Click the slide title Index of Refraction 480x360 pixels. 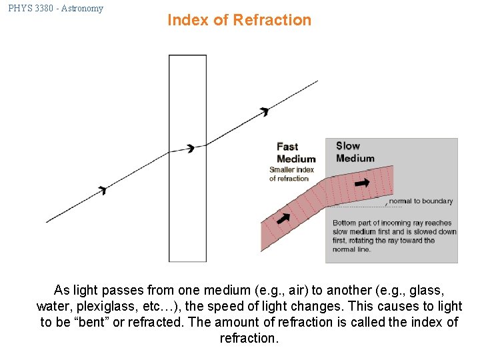pyautogui.click(x=239, y=20)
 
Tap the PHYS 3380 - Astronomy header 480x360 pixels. pyautogui.click(x=56, y=9)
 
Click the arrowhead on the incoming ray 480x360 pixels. pyautogui.click(x=103, y=191)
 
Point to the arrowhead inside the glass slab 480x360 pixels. pyautogui.click(x=191, y=148)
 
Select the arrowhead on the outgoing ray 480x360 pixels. pyautogui.click(x=265, y=111)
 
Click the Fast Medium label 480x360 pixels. pyautogui.click(x=296, y=153)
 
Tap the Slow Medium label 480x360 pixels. pyautogui.click(x=355, y=152)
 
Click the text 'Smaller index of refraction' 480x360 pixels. pyautogui.click(x=291, y=174)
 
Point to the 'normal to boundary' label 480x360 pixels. pyautogui.click(x=420, y=201)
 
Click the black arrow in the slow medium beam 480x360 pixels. pyautogui.click(x=362, y=182)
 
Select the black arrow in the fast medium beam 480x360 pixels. pyautogui.click(x=284, y=217)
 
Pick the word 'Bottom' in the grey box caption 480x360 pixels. pyautogui.click(x=344, y=223)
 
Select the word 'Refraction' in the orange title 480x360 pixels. pyautogui.click(x=272, y=20)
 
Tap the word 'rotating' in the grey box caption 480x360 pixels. pyautogui.click(x=362, y=241)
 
